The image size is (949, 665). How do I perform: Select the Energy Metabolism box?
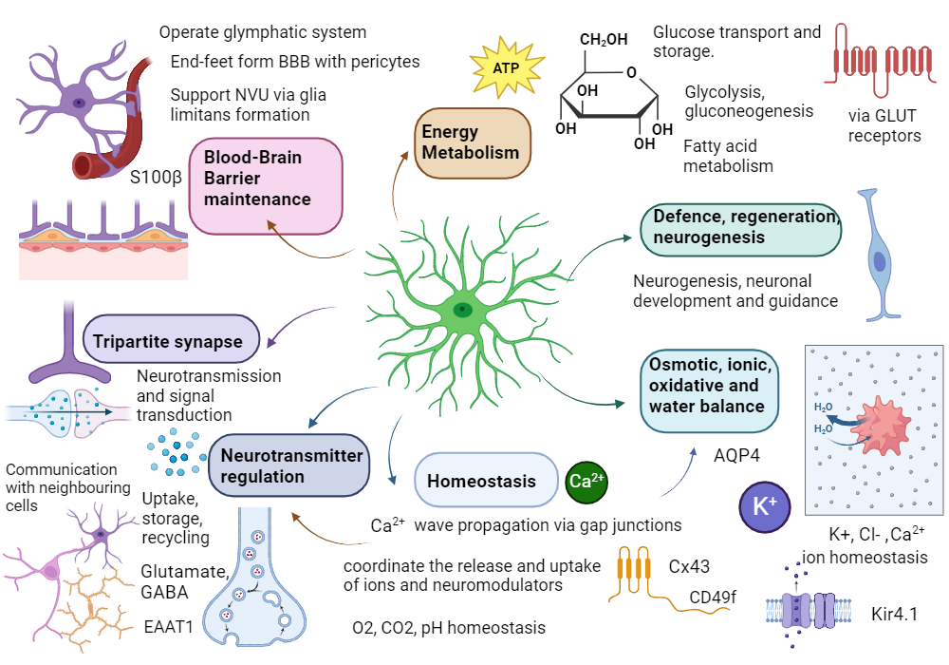[472, 142]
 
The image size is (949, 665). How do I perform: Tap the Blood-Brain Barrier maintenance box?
[265, 186]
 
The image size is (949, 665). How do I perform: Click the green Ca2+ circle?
[586, 481]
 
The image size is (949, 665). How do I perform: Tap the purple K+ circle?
[764, 504]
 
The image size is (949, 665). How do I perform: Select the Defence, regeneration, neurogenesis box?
[740, 229]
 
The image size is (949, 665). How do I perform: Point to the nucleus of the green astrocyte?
[462, 310]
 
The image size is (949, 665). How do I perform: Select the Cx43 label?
[689, 567]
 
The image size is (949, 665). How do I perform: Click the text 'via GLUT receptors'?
[884, 125]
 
